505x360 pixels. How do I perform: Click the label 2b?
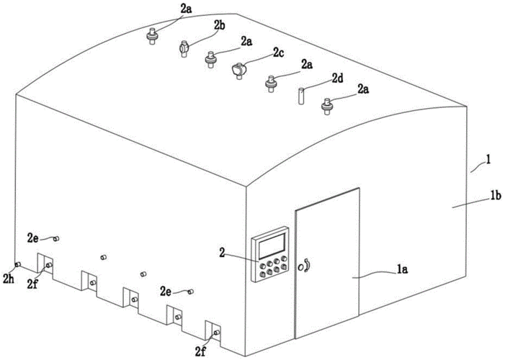point(220,24)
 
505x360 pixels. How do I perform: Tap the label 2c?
point(277,51)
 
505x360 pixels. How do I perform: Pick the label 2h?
point(9,277)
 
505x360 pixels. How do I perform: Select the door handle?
point(307,266)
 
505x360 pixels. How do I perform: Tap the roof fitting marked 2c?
point(238,70)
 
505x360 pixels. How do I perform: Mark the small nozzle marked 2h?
point(18,264)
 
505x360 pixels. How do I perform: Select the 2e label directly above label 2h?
point(33,237)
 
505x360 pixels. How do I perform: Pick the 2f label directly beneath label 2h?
point(32,284)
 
